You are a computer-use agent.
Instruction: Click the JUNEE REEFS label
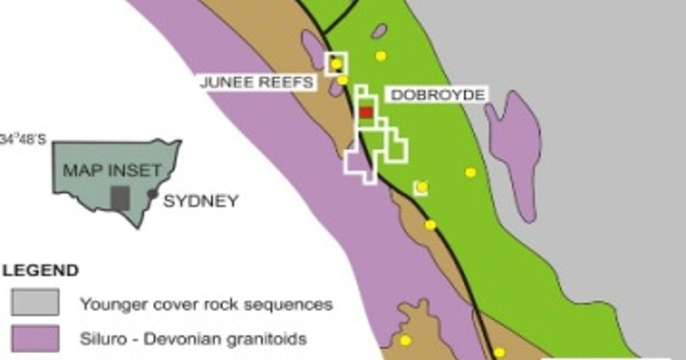point(257,82)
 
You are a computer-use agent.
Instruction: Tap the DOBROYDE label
point(438,95)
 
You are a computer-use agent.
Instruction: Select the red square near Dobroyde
point(366,113)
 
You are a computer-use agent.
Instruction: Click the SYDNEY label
point(201,201)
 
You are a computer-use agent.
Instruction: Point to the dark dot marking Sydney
point(152,194)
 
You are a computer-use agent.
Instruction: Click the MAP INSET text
point(112,170)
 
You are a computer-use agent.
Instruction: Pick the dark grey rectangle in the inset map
point(119,198)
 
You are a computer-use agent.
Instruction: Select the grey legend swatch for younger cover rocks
point(35,302)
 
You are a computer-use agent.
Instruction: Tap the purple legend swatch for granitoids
point(35,338)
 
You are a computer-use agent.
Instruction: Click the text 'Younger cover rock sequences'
point(206,303)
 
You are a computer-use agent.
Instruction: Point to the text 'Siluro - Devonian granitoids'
point(193,339)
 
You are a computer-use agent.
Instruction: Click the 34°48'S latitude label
point(23,140)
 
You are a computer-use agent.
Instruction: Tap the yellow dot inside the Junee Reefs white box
point(336,63)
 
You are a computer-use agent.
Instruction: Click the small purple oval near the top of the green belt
point(379,31)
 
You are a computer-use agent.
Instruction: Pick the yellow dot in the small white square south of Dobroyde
point(422,187)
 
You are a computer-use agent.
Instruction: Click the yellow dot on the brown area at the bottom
point(405,341)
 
